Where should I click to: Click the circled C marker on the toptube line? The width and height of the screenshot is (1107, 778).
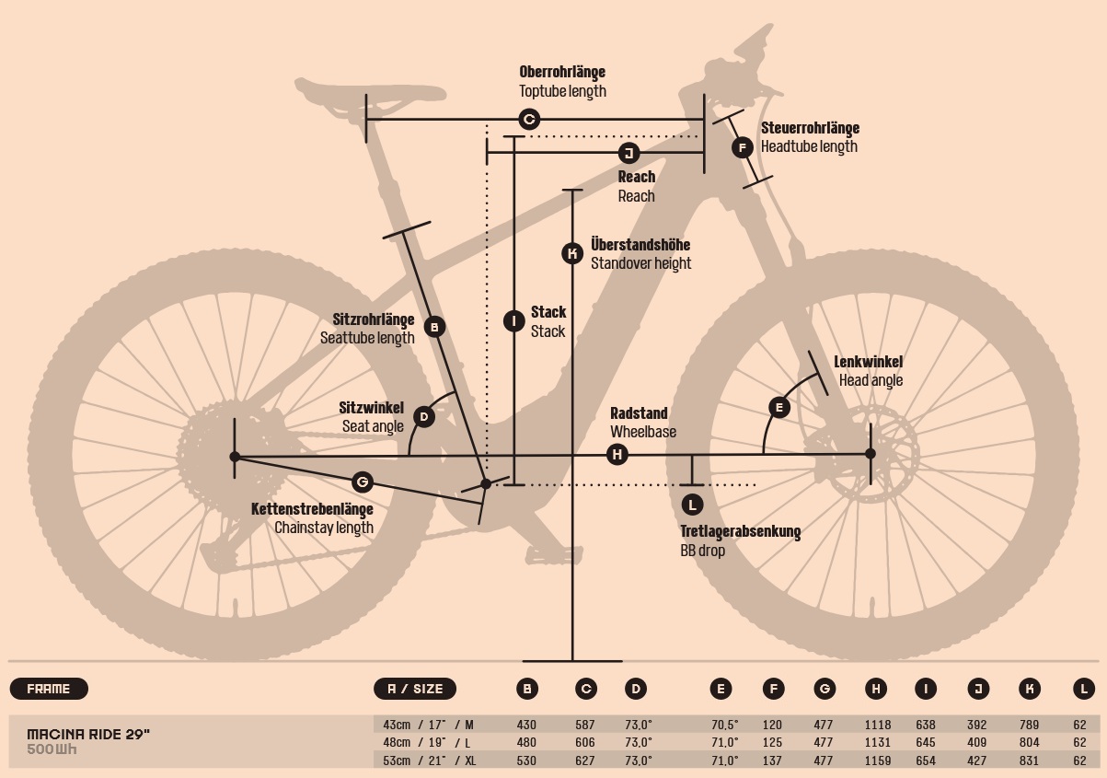click(x=529, y=120)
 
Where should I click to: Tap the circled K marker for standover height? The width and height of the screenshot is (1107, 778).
click(x=572, y=253)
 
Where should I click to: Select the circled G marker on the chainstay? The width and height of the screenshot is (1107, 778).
click(x=363, y=482)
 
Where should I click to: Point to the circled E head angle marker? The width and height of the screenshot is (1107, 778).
click(x=779, y=407)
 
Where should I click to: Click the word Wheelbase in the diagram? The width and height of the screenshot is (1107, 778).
click(x=643, y=432)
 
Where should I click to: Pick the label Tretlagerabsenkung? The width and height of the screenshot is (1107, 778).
click(x=740, y=532)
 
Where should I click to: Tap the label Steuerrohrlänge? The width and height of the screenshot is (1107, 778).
click(x=810, y=129)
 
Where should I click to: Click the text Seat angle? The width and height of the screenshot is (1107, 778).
click(x=373, y=426)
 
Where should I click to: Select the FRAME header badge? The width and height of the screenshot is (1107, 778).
click(x=48, y=688)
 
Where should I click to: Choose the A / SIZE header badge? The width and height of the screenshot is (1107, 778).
click(x=415, y=688)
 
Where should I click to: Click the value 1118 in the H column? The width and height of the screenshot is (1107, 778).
click(x=878, y=725)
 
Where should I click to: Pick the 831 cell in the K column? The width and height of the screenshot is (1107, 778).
click(x=1030, y=761)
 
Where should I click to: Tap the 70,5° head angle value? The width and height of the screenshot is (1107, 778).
click(x=724, y=725)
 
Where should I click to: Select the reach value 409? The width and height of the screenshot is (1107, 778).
click(x=978, y=742)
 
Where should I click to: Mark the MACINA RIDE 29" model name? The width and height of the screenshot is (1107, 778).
click(x=88, y=733)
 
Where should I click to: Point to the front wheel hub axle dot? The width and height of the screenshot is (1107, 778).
click(x=871, y=453)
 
